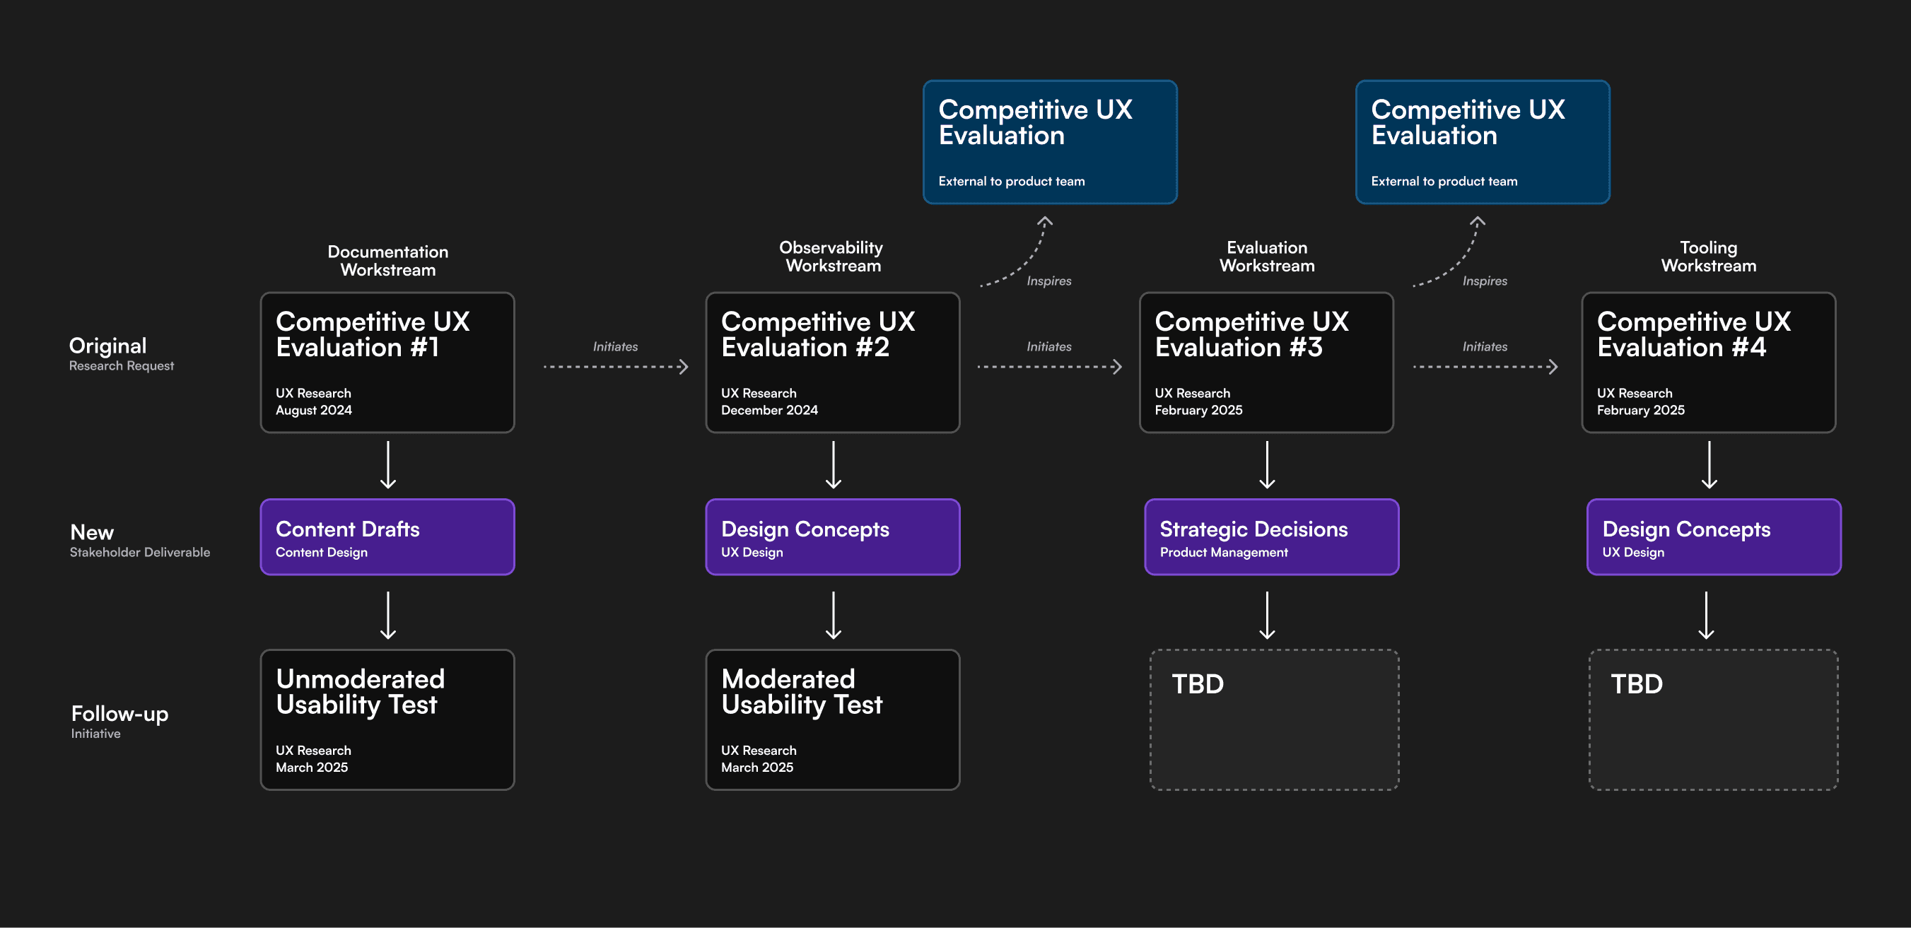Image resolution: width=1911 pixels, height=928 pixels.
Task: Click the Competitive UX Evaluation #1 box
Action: [x=387, y=362]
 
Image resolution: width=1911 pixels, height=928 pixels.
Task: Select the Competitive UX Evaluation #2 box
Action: [x=832, y=362]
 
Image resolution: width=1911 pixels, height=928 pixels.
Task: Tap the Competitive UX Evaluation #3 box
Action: [x=1266, y=362]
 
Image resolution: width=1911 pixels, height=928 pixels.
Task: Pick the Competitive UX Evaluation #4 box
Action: [x=1709, y=362]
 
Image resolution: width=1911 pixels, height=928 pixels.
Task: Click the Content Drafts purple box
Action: [x=387, y=536]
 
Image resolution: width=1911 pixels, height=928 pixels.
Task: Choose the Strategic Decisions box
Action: [x=1272, y=536]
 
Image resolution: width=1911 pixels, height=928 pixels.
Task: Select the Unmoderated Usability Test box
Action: [x=387, y=720]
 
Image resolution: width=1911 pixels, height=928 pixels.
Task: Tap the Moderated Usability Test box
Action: [x=832, y=720]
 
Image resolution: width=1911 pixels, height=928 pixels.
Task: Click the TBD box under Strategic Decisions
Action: [x=1275, y=720]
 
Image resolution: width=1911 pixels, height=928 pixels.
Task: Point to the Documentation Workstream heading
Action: [x=388, y=260]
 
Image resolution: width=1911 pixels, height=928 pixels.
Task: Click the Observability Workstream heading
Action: [x=831, y=256]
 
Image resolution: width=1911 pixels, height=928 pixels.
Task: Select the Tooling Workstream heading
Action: [x=1709, y=256]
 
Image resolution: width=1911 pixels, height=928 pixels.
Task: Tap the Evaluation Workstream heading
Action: [x=1267, y=256]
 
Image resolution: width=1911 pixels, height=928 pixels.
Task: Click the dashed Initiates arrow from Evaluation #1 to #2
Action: [x=616, y=366]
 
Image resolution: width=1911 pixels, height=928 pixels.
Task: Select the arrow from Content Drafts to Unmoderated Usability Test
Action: [x=388, y=616]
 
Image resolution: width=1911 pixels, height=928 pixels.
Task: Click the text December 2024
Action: [x=769, y=410]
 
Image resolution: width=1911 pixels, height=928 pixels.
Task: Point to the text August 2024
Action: [x=314, y=410]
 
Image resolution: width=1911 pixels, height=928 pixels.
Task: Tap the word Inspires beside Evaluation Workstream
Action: [x=1485, y=281]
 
